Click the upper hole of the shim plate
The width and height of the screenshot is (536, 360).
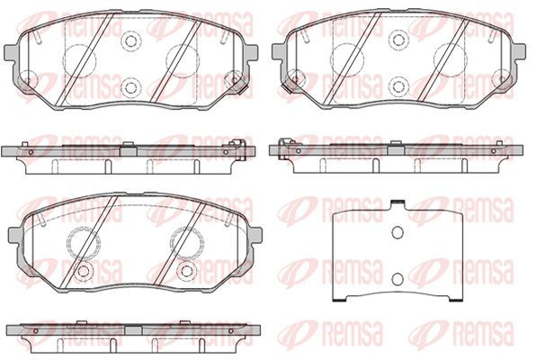click(398, 233)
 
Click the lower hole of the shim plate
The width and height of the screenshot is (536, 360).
click(398, 280)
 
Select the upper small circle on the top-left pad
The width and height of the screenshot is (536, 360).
click(130, 40)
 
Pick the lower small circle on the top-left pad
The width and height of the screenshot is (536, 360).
click(130, 87)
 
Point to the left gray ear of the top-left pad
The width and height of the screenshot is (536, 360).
click(10, 52)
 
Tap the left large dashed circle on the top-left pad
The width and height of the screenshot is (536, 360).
click(79, 60)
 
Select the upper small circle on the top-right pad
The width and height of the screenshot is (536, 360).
click(398, 40)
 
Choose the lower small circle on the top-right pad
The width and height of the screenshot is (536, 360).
click(398, 86)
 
